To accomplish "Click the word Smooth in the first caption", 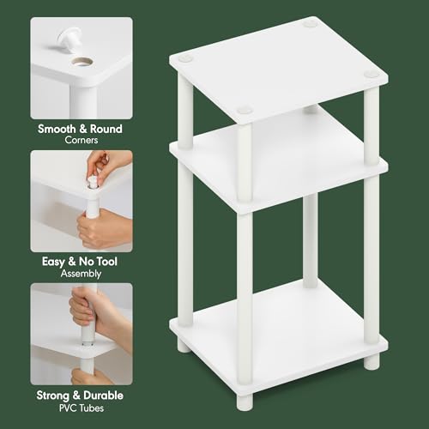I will (61, 130).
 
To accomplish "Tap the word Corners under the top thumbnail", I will (82, 142).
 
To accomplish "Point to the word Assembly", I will (82, 274).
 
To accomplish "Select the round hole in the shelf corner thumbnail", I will (83, 63).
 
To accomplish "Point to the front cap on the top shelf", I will (245, 110).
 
